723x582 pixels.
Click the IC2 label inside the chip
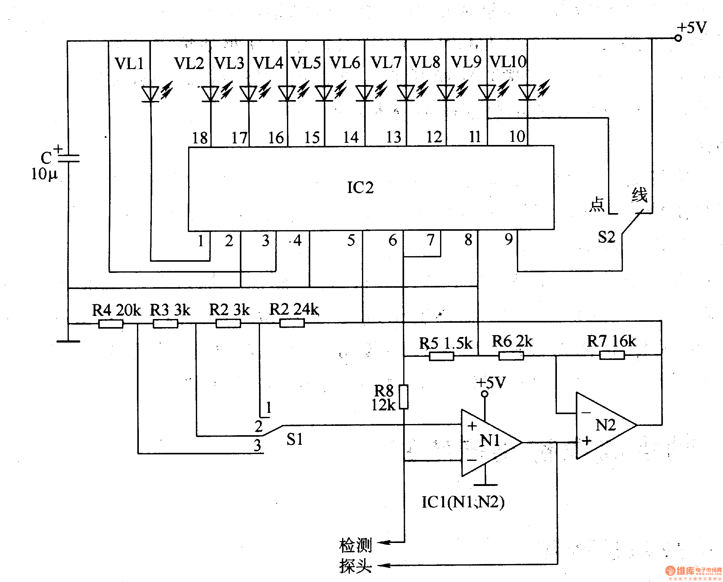[360, 187]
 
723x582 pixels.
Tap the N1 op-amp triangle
[486, 443]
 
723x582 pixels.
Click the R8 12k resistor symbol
[404, 397]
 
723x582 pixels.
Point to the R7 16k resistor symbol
[612, 355]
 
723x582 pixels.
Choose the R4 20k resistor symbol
[111, 324]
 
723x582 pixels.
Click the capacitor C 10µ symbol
[69, 158]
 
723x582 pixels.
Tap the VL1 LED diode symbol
[150, 94]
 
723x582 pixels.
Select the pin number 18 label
[200, 138]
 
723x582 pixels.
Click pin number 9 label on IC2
[509, 239]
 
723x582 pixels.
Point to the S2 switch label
[606, 237]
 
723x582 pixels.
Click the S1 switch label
[294, 439]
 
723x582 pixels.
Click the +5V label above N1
[491, 383]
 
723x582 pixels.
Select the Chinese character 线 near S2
[639, 195]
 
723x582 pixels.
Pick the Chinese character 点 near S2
[597, 204]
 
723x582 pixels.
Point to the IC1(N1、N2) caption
[463, 502]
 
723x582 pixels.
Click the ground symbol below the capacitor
[68, 341]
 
